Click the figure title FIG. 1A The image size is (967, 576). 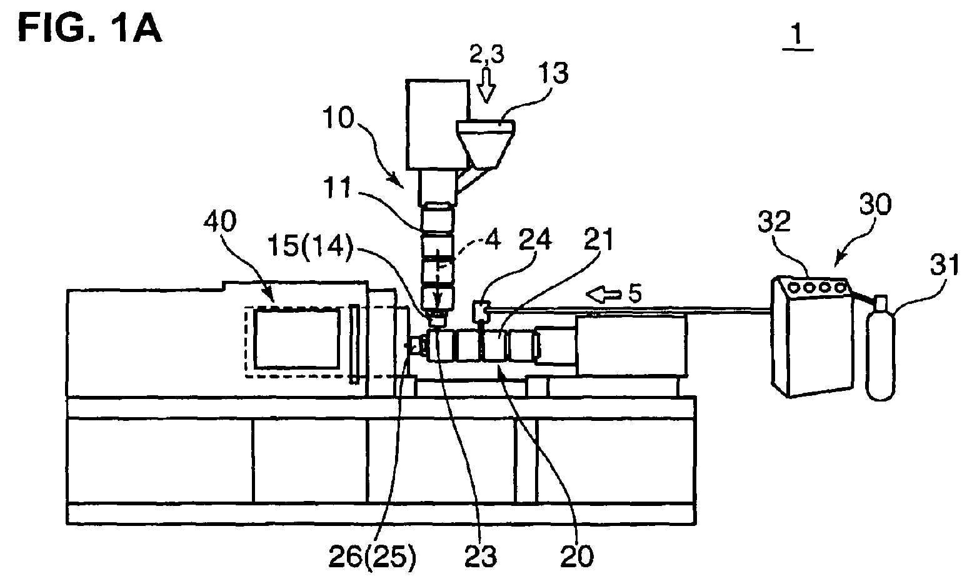tap(90, 27)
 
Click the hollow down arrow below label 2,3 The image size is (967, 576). tap(487, 85)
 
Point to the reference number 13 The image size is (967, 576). tap(553, 73)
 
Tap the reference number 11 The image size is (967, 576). tap(338, 188)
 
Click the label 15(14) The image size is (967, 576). tap(310, 246)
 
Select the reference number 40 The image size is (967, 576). tap(220, 221)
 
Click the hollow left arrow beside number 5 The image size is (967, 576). tap(603, 295)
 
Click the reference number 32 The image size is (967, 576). tap(774, 221)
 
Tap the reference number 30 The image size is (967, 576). tap(876, 204)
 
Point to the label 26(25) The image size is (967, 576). tap(372, 557)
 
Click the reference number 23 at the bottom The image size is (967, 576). tap(481, 557)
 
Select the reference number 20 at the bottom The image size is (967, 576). tap(577, 557)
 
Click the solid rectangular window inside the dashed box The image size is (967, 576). tap(296, 340)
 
